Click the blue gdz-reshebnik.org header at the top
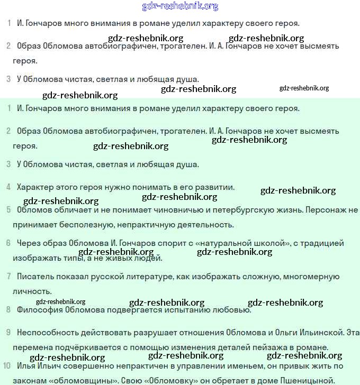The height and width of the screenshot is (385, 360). (180, 6)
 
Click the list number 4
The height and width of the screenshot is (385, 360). (8, 187)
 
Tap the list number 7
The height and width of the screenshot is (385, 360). (8, 276)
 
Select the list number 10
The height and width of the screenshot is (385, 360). (6, 365)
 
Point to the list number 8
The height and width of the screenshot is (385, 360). (8, 309)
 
